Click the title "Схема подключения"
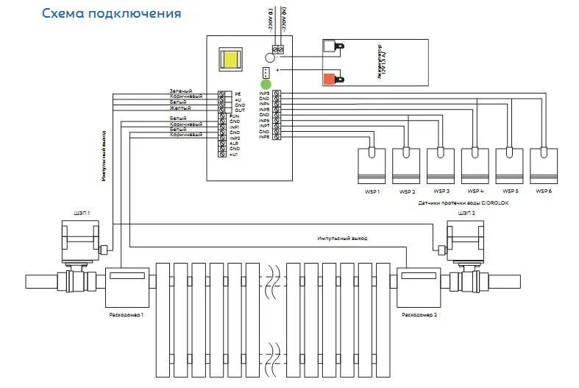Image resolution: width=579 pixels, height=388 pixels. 110,13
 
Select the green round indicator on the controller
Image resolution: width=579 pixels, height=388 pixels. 265,84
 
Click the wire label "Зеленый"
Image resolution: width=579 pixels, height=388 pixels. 181,91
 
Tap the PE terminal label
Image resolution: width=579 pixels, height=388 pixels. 238,94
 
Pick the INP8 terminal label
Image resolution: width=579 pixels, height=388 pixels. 264,138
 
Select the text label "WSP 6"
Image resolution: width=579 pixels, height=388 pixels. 543,191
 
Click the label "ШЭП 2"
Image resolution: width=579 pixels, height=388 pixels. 466,213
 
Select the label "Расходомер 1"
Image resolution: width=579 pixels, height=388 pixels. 127,314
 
